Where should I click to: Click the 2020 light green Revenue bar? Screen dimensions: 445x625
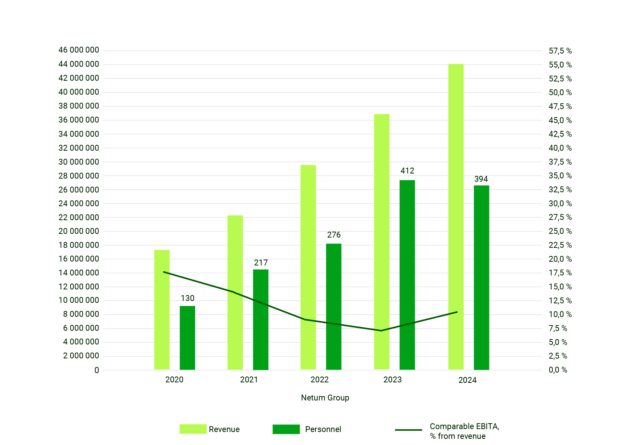point(162,310)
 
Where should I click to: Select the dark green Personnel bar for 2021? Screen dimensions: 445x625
point(260,319)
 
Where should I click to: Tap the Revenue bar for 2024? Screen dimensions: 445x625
point(456,217)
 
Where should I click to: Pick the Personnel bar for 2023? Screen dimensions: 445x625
point(407,275)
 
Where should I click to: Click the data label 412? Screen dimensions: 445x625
point(407,171)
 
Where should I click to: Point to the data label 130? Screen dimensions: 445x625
point(187,298)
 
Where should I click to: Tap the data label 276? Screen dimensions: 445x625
point(334,235)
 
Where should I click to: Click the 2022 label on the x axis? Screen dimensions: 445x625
point(319,380)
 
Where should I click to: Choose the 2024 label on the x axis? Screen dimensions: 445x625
point(467,380)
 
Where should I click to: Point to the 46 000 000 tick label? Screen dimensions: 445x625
point(78,50)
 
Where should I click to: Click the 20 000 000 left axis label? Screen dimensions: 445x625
point(78,231)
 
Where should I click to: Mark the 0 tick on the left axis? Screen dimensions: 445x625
point(96,370)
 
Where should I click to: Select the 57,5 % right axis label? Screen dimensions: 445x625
point(560,51)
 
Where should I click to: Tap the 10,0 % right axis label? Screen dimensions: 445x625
point(560,314)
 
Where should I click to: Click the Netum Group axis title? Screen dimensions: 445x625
point(325,398)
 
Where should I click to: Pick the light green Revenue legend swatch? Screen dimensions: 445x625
point(193,429)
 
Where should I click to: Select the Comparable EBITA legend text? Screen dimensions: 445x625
point(464,431)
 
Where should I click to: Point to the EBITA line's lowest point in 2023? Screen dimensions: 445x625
point(381,331)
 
